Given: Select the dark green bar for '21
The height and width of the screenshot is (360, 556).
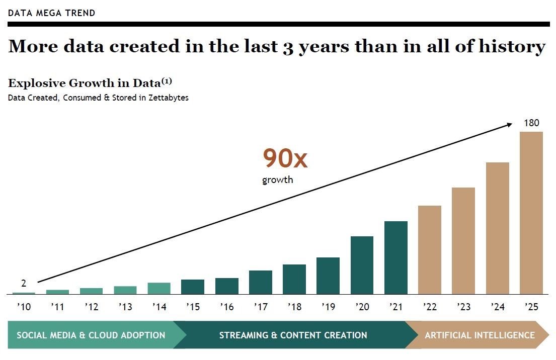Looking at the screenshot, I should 396,257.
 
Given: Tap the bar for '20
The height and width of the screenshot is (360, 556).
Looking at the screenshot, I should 362,265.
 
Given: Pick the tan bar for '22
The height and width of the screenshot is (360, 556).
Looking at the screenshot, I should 430,250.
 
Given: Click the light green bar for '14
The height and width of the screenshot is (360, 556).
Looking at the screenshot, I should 159,288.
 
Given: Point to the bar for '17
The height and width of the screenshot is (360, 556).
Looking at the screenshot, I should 261,282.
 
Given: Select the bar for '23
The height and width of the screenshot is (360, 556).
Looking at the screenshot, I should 463,241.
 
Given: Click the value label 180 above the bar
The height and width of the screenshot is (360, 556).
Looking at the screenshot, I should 531,123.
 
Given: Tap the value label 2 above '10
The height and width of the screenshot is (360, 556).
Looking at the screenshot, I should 24,284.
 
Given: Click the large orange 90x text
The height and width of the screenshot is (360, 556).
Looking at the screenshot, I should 285,159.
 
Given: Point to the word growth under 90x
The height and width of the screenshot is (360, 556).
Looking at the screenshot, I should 277,179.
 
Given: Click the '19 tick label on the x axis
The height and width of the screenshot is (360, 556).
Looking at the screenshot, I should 328,307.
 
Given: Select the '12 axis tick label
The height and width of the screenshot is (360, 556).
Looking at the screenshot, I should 91,307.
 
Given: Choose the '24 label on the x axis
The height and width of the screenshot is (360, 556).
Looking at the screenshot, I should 497,307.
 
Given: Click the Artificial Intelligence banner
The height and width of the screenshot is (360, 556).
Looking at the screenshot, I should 480,335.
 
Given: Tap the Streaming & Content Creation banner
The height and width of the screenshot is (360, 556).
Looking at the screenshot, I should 293,335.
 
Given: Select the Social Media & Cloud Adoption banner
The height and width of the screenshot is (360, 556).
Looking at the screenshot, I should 91,335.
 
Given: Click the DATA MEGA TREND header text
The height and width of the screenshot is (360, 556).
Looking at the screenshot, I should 51,13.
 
